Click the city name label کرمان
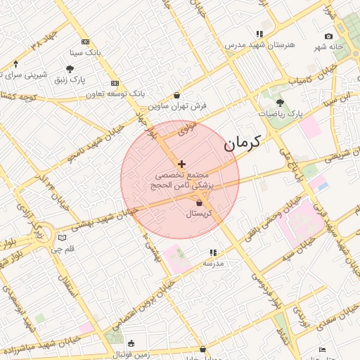point(242,143)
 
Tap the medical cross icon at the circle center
point(181,164)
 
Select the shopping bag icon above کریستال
point(200,203)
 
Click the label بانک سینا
point(86,53)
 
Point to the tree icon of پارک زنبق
point(70,69)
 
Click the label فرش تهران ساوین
point(177,105)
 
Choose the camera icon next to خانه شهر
point(328,37)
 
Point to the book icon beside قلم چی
point(62,238)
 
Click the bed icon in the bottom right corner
point(322,349)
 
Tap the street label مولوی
point(187,129)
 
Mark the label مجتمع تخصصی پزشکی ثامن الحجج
point(181,179)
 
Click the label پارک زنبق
point(70,79)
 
